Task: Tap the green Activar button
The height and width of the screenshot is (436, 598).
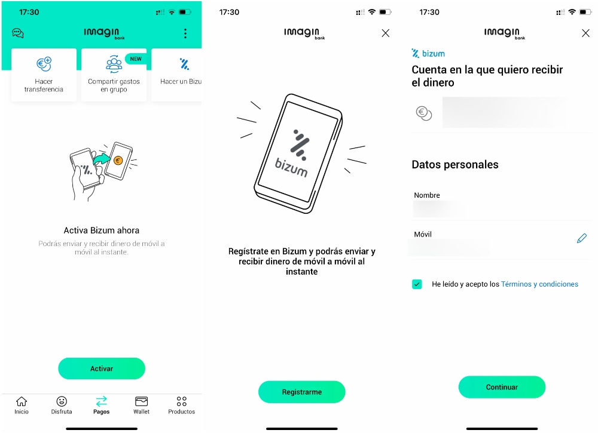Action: point(102,369)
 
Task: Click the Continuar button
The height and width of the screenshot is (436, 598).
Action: point(502,387)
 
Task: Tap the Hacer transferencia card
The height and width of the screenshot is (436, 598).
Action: point(44,75)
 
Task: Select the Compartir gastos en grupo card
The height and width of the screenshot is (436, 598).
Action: point(114,75)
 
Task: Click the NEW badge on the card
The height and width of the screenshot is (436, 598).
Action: point(136,59)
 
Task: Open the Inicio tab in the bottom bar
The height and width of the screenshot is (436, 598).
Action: point(22,405)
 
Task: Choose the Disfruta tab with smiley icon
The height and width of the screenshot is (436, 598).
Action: point(62,405)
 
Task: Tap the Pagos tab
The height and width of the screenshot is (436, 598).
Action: point(102,405)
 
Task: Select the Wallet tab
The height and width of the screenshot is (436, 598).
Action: point(142,405)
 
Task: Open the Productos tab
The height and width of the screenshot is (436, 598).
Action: point(181,405)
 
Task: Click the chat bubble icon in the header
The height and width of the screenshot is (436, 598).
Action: point(18,33)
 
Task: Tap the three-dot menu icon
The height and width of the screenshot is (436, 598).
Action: point(185,33)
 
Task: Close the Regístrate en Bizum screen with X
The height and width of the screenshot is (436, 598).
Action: point(385,33)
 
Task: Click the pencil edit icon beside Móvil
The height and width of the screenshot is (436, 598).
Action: point(582,238)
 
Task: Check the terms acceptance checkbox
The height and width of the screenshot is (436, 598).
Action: point(417,284)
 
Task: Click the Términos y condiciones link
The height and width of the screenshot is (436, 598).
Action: point(539,284)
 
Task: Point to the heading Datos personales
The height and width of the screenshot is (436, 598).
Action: point(455,165)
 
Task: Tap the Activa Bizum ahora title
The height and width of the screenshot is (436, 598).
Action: point(102,231)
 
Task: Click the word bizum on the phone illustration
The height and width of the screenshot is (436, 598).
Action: point(291,168)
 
